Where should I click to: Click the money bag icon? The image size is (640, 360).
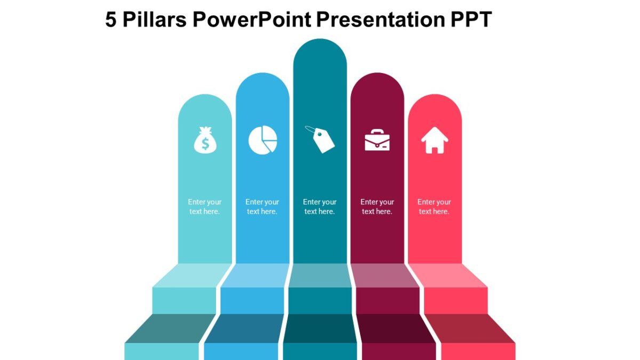205,140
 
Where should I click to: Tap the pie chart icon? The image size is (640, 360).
262,140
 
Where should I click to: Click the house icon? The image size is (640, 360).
435,140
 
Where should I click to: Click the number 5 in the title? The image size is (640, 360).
111,20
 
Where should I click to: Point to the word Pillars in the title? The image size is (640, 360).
154,20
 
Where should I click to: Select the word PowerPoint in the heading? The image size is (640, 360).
252,20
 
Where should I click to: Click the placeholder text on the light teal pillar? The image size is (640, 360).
205,207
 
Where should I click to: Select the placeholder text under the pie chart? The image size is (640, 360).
262,207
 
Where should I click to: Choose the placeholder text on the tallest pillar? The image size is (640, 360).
320,207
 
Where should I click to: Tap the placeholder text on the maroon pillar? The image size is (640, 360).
377,207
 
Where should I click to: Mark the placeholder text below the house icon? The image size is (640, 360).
434,207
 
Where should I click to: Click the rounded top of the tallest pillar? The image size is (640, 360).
320,51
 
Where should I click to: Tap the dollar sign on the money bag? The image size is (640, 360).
205,143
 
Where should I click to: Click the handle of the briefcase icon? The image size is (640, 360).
377,131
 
